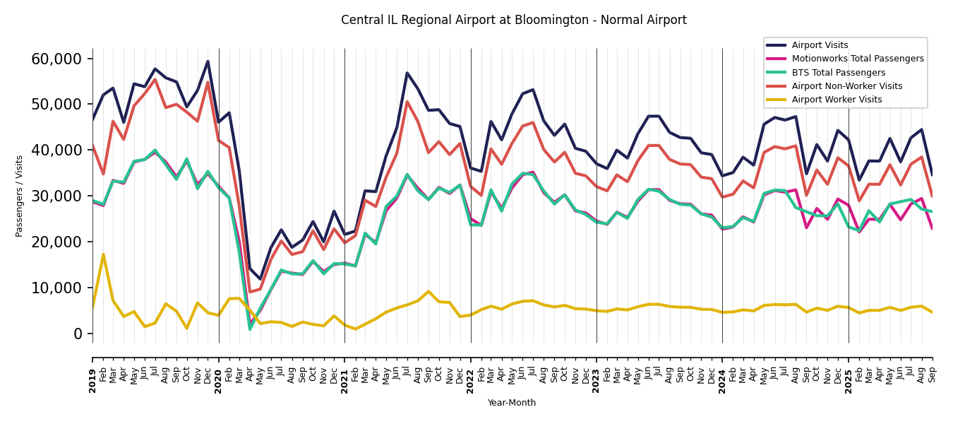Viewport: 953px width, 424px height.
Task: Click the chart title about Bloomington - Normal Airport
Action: coord(513,20)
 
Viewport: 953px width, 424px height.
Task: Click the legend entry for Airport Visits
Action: coord(820,45)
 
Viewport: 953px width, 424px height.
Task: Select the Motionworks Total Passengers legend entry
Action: coord(857,59)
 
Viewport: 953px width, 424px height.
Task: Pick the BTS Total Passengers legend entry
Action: coord(838,73)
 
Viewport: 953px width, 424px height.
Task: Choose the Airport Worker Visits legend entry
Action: coord(837,100)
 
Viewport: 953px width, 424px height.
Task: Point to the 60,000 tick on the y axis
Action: coord(56,59)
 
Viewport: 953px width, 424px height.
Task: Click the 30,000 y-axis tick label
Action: coord(56,196)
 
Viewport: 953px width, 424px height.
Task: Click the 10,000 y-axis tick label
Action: coord(56,288)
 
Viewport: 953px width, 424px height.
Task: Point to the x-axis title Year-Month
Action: coord(512,403)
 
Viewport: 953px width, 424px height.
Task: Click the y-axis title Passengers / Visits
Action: coord(20,196)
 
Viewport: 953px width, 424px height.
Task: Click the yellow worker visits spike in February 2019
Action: coord(103,254)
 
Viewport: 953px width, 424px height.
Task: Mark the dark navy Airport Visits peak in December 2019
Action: coord(208,61)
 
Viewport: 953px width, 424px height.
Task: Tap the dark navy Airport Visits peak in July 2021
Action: coord(407,73)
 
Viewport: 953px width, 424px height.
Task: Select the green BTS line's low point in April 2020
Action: coord(250,329)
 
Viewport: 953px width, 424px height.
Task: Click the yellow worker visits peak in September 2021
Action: coord(428,291)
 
